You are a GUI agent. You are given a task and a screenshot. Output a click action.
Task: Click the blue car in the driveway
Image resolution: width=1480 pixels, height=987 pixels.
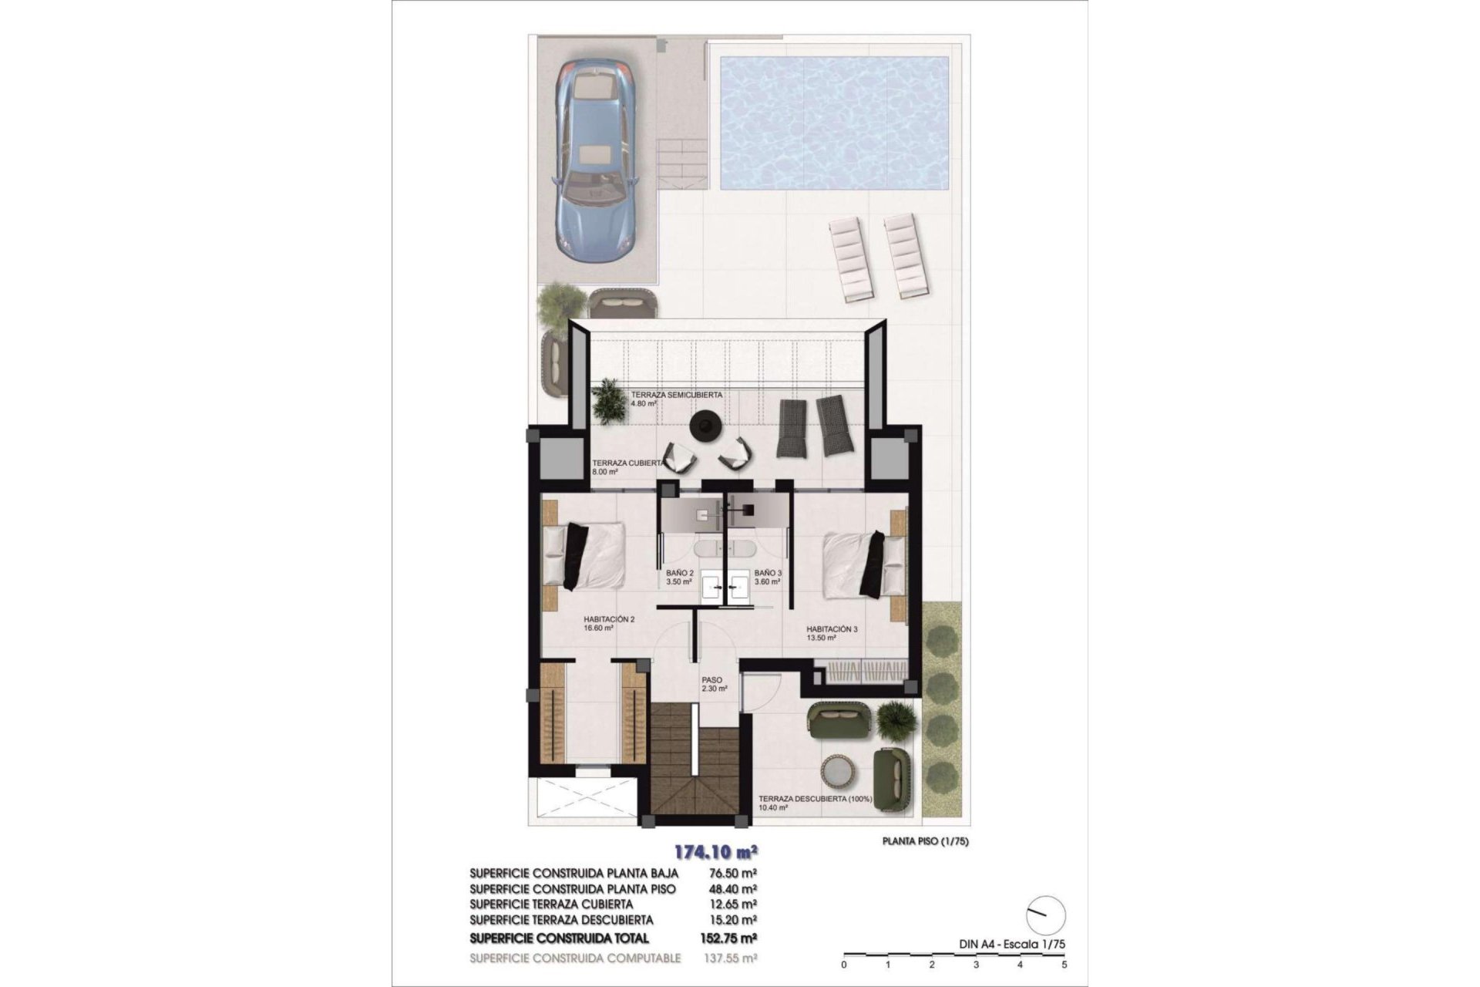pyautogui.click(x=595, y=158)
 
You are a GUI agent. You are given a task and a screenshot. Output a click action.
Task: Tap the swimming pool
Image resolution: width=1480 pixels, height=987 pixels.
pyautogui.click(x=833, y=123)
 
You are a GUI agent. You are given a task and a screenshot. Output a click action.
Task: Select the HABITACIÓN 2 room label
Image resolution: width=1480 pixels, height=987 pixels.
pyautogui.click(x=609, y=622)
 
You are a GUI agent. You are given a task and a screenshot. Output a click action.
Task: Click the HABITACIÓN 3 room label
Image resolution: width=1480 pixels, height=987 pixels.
pyautogui.click(x=832, y=633)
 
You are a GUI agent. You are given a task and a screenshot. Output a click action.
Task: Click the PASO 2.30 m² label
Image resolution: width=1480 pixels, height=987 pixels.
pyautogui.click(x=714, y=685)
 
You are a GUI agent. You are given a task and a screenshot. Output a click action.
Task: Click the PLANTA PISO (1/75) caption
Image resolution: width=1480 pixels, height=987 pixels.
pyautogui.click(x=925, y=842)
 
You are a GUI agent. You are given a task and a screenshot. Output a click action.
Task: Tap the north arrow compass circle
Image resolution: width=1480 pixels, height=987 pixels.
pyautogui.click(x=1046, y=915)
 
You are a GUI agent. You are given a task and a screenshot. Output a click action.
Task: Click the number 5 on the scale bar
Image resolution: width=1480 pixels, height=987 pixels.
pyautogui.click(x=1065, y=965)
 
